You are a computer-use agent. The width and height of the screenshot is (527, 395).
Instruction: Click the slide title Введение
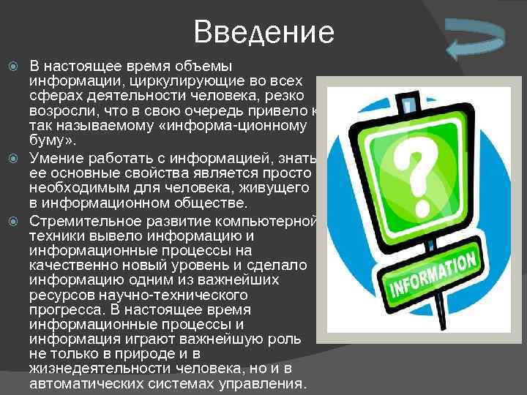[x=264, y=32]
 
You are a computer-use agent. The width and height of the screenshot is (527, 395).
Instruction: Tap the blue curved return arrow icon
[x=476, y=40]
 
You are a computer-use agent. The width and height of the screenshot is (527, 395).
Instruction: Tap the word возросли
[x=59, y=111]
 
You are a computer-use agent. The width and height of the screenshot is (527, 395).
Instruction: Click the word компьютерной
[x=269, y=221]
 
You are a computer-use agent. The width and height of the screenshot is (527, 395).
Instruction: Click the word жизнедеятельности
[x=95, y=368]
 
